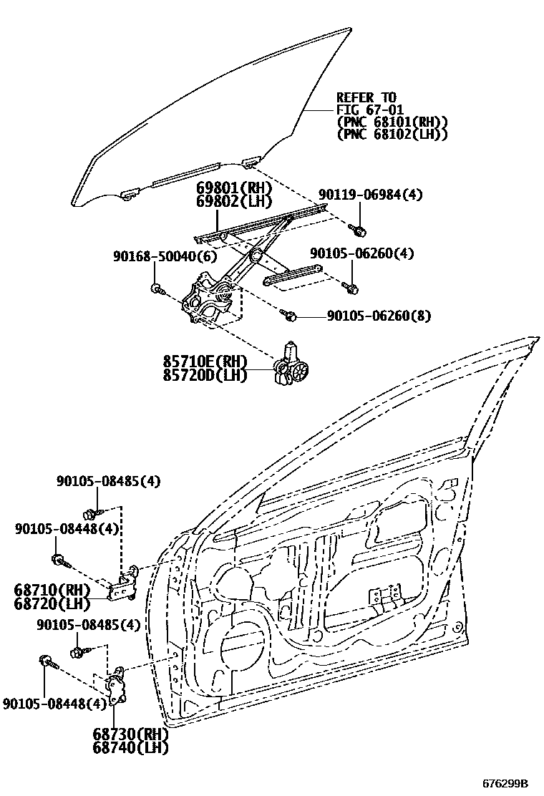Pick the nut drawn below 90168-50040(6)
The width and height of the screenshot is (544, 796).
[x=157, y=289]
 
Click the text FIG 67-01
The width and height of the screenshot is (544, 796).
[x=369, y=110]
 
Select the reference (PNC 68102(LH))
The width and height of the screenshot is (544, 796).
[x=392, y=133]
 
